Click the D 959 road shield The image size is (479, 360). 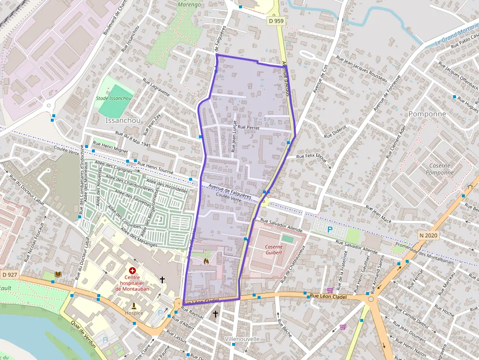(x=275, y=21)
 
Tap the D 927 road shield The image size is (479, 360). (x=9, y=275)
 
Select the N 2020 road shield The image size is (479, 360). (x=428, y=235)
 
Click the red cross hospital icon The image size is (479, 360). (x=131, y=270)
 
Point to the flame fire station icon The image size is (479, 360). (x=206, y=261)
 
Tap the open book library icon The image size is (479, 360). (x=58, y=275)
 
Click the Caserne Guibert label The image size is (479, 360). (x=274, y=250)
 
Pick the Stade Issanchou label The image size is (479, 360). (x=114, y=98)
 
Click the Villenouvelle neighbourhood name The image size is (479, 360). (x=242, y=339)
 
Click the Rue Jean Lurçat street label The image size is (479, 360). (x=234, y=137)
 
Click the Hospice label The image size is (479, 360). (x=134, y=313)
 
